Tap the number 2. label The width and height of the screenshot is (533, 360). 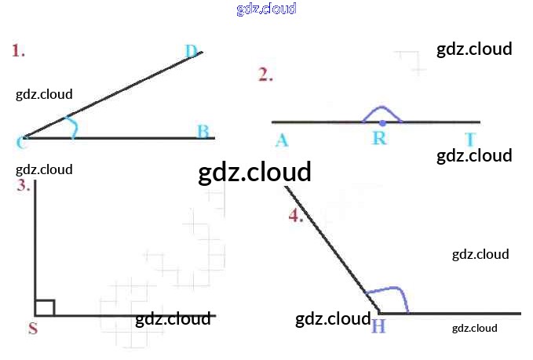(266, 75)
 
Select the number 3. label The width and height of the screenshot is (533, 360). (24, 186)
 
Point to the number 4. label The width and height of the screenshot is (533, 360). (296, 216)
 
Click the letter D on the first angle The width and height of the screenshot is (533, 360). (192, 52)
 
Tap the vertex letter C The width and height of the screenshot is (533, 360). (20, 142)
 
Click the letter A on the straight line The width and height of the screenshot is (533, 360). (282, 140)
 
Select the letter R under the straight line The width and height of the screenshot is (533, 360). (380, 139)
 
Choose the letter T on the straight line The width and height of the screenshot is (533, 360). (470, 140)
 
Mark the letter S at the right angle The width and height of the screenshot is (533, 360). (33, 329)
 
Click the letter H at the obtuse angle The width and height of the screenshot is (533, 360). (378, 325)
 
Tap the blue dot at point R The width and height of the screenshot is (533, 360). (382, 122)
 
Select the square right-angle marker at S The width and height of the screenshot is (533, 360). (45, 307)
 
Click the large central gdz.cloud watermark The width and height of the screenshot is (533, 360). (255, 172)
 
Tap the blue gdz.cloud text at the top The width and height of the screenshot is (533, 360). (266, 9)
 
